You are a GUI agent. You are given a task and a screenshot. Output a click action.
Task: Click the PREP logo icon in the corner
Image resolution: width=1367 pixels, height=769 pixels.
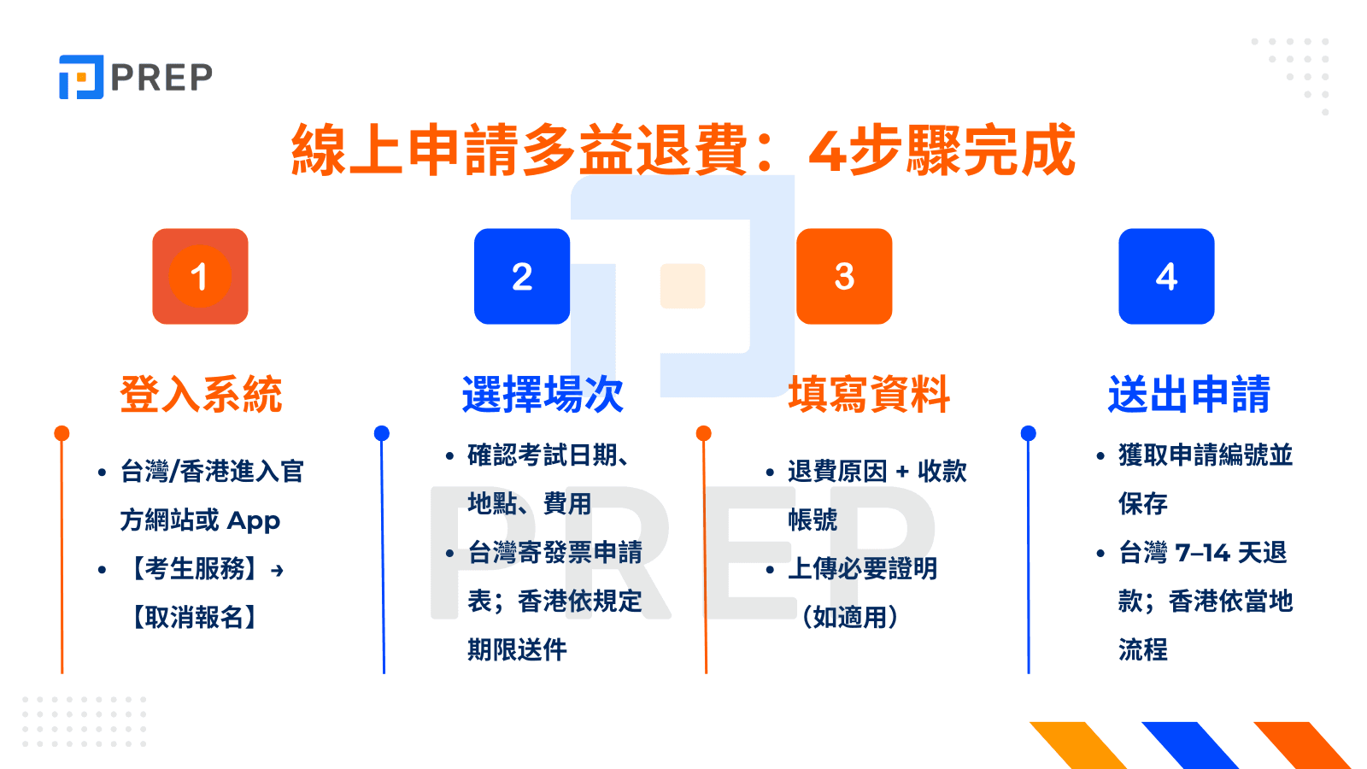point(81,77)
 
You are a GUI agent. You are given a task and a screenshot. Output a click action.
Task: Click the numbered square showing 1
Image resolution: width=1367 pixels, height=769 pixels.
point(200,276)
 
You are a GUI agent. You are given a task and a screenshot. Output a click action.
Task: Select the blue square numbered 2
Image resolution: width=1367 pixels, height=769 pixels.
point(522,276)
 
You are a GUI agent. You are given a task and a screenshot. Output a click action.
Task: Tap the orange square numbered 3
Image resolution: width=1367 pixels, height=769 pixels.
point(844,276)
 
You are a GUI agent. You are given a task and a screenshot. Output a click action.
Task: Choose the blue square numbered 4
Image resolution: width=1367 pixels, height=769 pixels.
point(1166,276)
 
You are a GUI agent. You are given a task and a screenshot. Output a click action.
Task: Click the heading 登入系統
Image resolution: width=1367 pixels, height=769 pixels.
point(201,395)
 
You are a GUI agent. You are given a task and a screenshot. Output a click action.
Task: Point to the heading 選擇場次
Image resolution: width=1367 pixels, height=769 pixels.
point(543,395)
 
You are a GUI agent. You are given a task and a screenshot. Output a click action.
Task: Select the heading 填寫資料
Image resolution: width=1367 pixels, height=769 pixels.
point(869,395)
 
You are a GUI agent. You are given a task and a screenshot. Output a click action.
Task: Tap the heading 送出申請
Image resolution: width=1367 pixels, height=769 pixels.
point(1189,395)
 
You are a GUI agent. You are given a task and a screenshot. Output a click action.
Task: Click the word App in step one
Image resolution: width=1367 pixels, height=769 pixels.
point(254,520)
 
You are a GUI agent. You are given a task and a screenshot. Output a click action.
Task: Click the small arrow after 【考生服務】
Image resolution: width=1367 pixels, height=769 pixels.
point(277,570)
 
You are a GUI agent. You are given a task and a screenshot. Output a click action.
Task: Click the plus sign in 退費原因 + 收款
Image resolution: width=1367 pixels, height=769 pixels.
point(902,472)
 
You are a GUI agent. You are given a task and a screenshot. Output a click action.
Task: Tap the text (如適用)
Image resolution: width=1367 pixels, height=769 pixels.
point(850,617)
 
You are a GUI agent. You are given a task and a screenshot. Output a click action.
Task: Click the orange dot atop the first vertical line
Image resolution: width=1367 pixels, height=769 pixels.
point(62,433)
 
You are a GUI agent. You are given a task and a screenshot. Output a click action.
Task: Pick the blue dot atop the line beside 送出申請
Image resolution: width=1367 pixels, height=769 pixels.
point(1029,433)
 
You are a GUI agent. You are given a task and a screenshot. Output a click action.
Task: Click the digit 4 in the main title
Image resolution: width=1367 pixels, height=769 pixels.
point(827,151)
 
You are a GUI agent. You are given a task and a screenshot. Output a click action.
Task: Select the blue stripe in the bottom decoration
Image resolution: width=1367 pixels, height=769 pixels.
point(1189,745)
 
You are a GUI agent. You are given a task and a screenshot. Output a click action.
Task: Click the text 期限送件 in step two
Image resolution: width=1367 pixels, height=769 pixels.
point(517,650)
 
